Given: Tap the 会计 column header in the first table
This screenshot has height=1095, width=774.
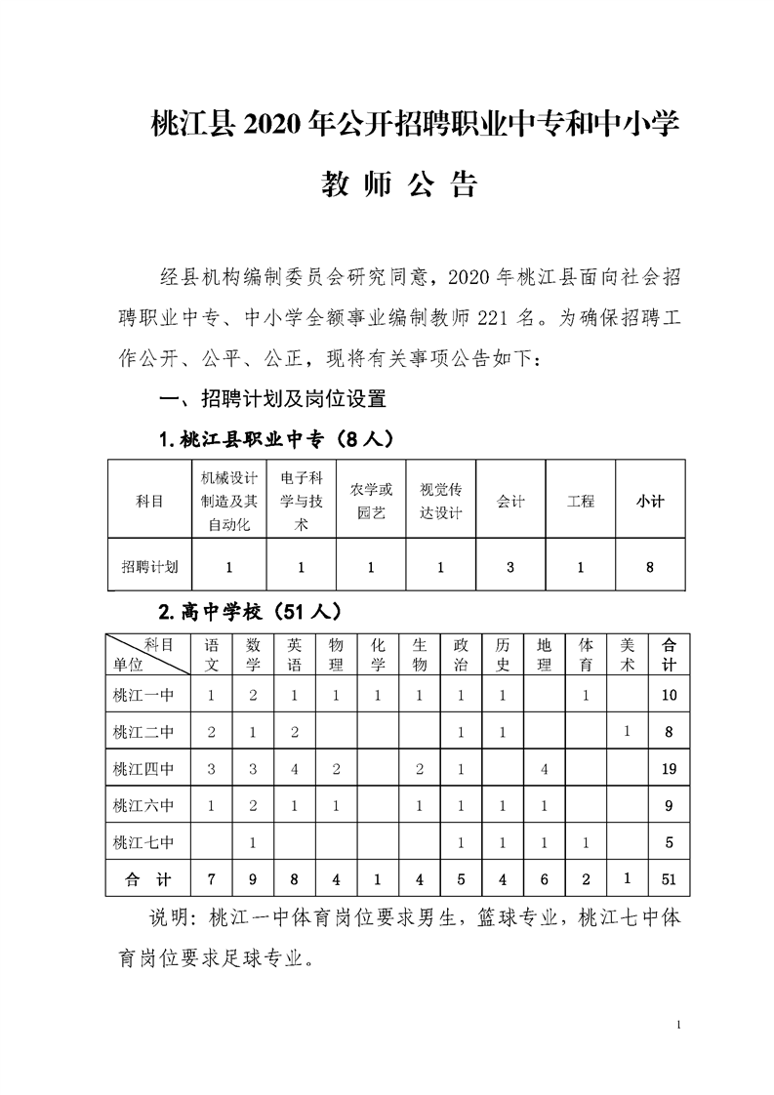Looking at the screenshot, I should click(509, 502).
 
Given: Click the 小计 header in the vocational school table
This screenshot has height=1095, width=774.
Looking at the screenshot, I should click(649, 502).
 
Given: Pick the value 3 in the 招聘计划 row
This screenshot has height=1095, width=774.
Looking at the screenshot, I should click(510, 566).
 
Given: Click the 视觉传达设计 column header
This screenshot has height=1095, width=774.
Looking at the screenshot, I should click(440, 502).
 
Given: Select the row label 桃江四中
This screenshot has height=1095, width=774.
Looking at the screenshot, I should click(143, 769).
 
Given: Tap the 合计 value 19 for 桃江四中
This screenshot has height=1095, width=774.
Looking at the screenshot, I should click(669, 769).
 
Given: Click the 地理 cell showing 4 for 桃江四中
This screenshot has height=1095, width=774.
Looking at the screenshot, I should click(544, 769).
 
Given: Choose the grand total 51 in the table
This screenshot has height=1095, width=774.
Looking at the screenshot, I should click(669, 879).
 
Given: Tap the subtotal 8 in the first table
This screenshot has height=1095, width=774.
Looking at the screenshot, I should click(649, 566).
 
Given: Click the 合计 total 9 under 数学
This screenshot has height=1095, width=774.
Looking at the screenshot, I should click(253, 879).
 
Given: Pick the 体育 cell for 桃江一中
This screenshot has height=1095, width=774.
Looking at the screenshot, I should click(586, 696).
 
